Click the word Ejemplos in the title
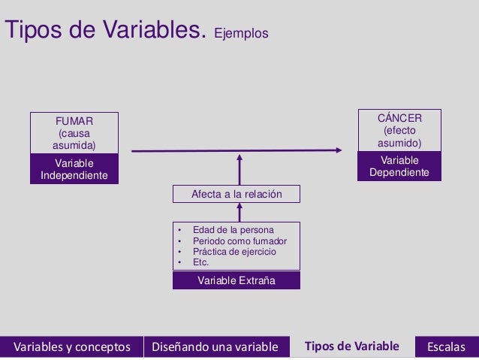(x=241, y=34)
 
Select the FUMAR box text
(x=74, y=119)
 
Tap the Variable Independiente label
(x=74, y=169)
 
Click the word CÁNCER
(x=399, y=117)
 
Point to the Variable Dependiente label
(x=399, y=166)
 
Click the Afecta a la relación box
(x=236, y=194)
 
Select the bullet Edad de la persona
(x=233, y=230)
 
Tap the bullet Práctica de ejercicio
(x=234, y=252)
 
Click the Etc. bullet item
(x=200, y=262)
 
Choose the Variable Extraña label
(x=236, y=280)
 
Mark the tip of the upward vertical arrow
(x=239, y=157)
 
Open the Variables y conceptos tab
(x=71, y=346)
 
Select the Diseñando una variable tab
(x=215, y=346)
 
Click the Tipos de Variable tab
(x=351, y=346)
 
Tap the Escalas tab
(x=446, y=346)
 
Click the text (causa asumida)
(x=74, y=138)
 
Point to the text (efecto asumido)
(x=399, y=136)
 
